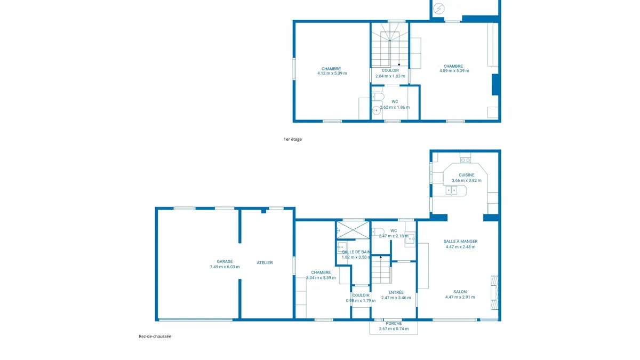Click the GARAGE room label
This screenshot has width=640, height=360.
[225, 261]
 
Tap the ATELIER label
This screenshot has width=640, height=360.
[265, 262]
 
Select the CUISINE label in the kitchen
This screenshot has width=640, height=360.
[466, 175]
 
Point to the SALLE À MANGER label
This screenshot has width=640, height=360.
[460, 242]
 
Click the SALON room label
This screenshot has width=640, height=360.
[460, 292]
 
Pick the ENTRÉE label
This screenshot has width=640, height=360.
[396, 292]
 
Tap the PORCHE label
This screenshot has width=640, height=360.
[394, 323]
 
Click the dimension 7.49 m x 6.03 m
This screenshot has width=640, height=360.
[225, 267]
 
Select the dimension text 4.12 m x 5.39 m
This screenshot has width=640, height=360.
[332, 73]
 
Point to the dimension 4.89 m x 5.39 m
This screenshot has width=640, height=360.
[454, 70]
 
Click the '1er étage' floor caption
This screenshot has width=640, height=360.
[293, 139]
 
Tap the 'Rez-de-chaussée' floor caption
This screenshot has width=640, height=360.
[155, 337]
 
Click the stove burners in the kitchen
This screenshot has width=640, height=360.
[466, 161]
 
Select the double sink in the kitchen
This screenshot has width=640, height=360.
[451, 190]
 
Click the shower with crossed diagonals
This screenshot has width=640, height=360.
[353, 230]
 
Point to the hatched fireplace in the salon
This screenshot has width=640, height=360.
[494, 293]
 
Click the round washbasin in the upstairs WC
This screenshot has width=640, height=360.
[377, 110]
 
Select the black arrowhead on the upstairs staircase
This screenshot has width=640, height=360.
[399, 65]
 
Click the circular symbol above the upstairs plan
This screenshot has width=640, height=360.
[438, 9]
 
